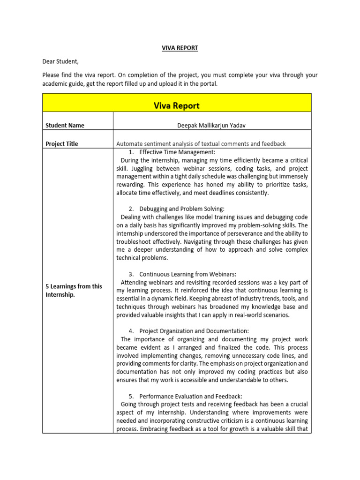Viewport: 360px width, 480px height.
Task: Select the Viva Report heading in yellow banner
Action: coord(177,105)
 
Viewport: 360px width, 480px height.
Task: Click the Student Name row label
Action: coord(65,125)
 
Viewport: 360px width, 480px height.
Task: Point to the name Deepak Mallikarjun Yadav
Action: coord(212,125)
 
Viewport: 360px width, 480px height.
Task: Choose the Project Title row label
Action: coord(61,144)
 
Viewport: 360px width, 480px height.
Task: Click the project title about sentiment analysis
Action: coord(201,144)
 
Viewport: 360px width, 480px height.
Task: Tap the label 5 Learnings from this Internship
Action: coord(74,290)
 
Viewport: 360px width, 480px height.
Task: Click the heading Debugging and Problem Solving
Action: coord(182,209)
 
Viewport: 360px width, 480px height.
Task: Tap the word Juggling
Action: coord(144,168)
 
